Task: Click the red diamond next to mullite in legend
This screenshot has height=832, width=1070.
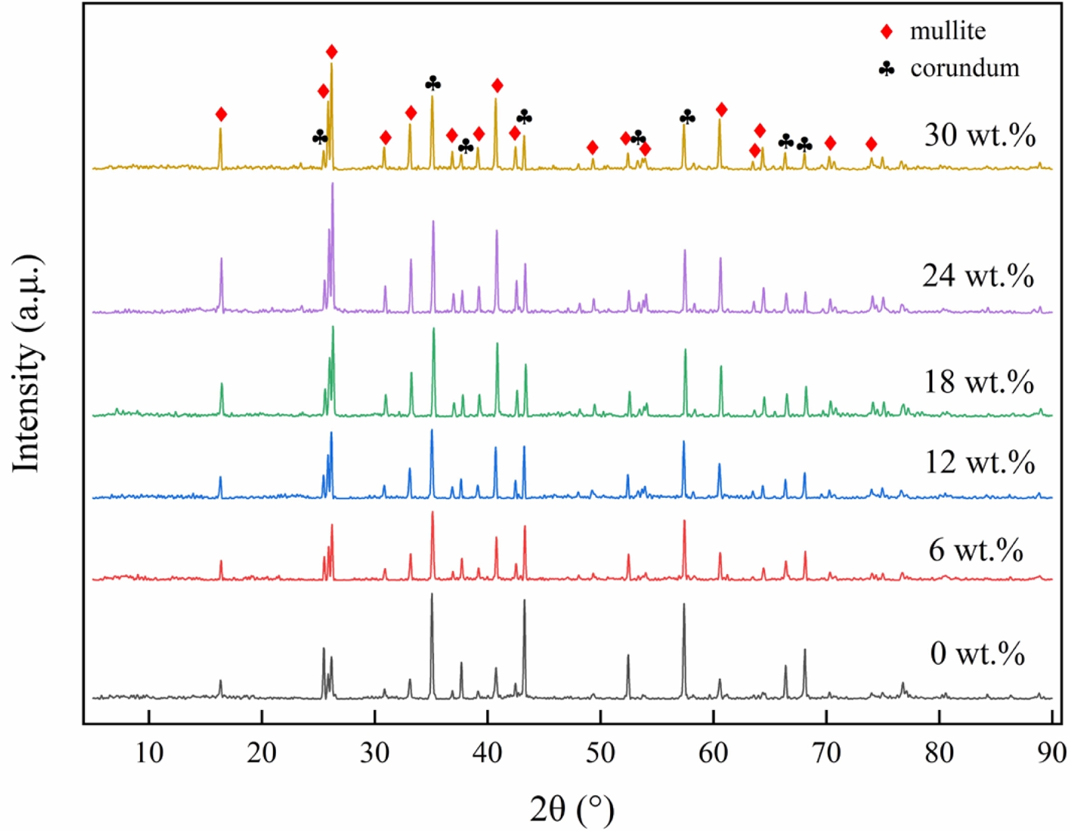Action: click(x=886, y=31)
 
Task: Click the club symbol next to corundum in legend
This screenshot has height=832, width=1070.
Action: click(x=886, y=68)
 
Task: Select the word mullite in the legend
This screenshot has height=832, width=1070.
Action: click(x=947, y=31)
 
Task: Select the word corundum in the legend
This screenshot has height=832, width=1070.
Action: click(x=964, y=68)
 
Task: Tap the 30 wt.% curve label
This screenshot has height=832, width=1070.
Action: click(x=979, y=137)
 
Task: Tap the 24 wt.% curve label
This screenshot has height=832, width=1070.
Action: click(x=978, y=276)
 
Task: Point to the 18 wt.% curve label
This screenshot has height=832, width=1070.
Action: click(x=978, y=383)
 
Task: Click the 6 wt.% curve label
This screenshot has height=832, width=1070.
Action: click(x=976, y=550)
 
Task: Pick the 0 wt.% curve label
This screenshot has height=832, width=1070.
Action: click(x=977, y=654)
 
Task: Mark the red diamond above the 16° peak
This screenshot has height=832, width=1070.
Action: click(x=221, y=115)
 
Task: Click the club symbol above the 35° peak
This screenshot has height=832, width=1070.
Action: click(x=433, y=84)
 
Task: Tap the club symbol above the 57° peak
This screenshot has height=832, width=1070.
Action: click(x=687, y=118)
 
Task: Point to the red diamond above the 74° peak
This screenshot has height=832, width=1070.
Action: click(x=871, y=145)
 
